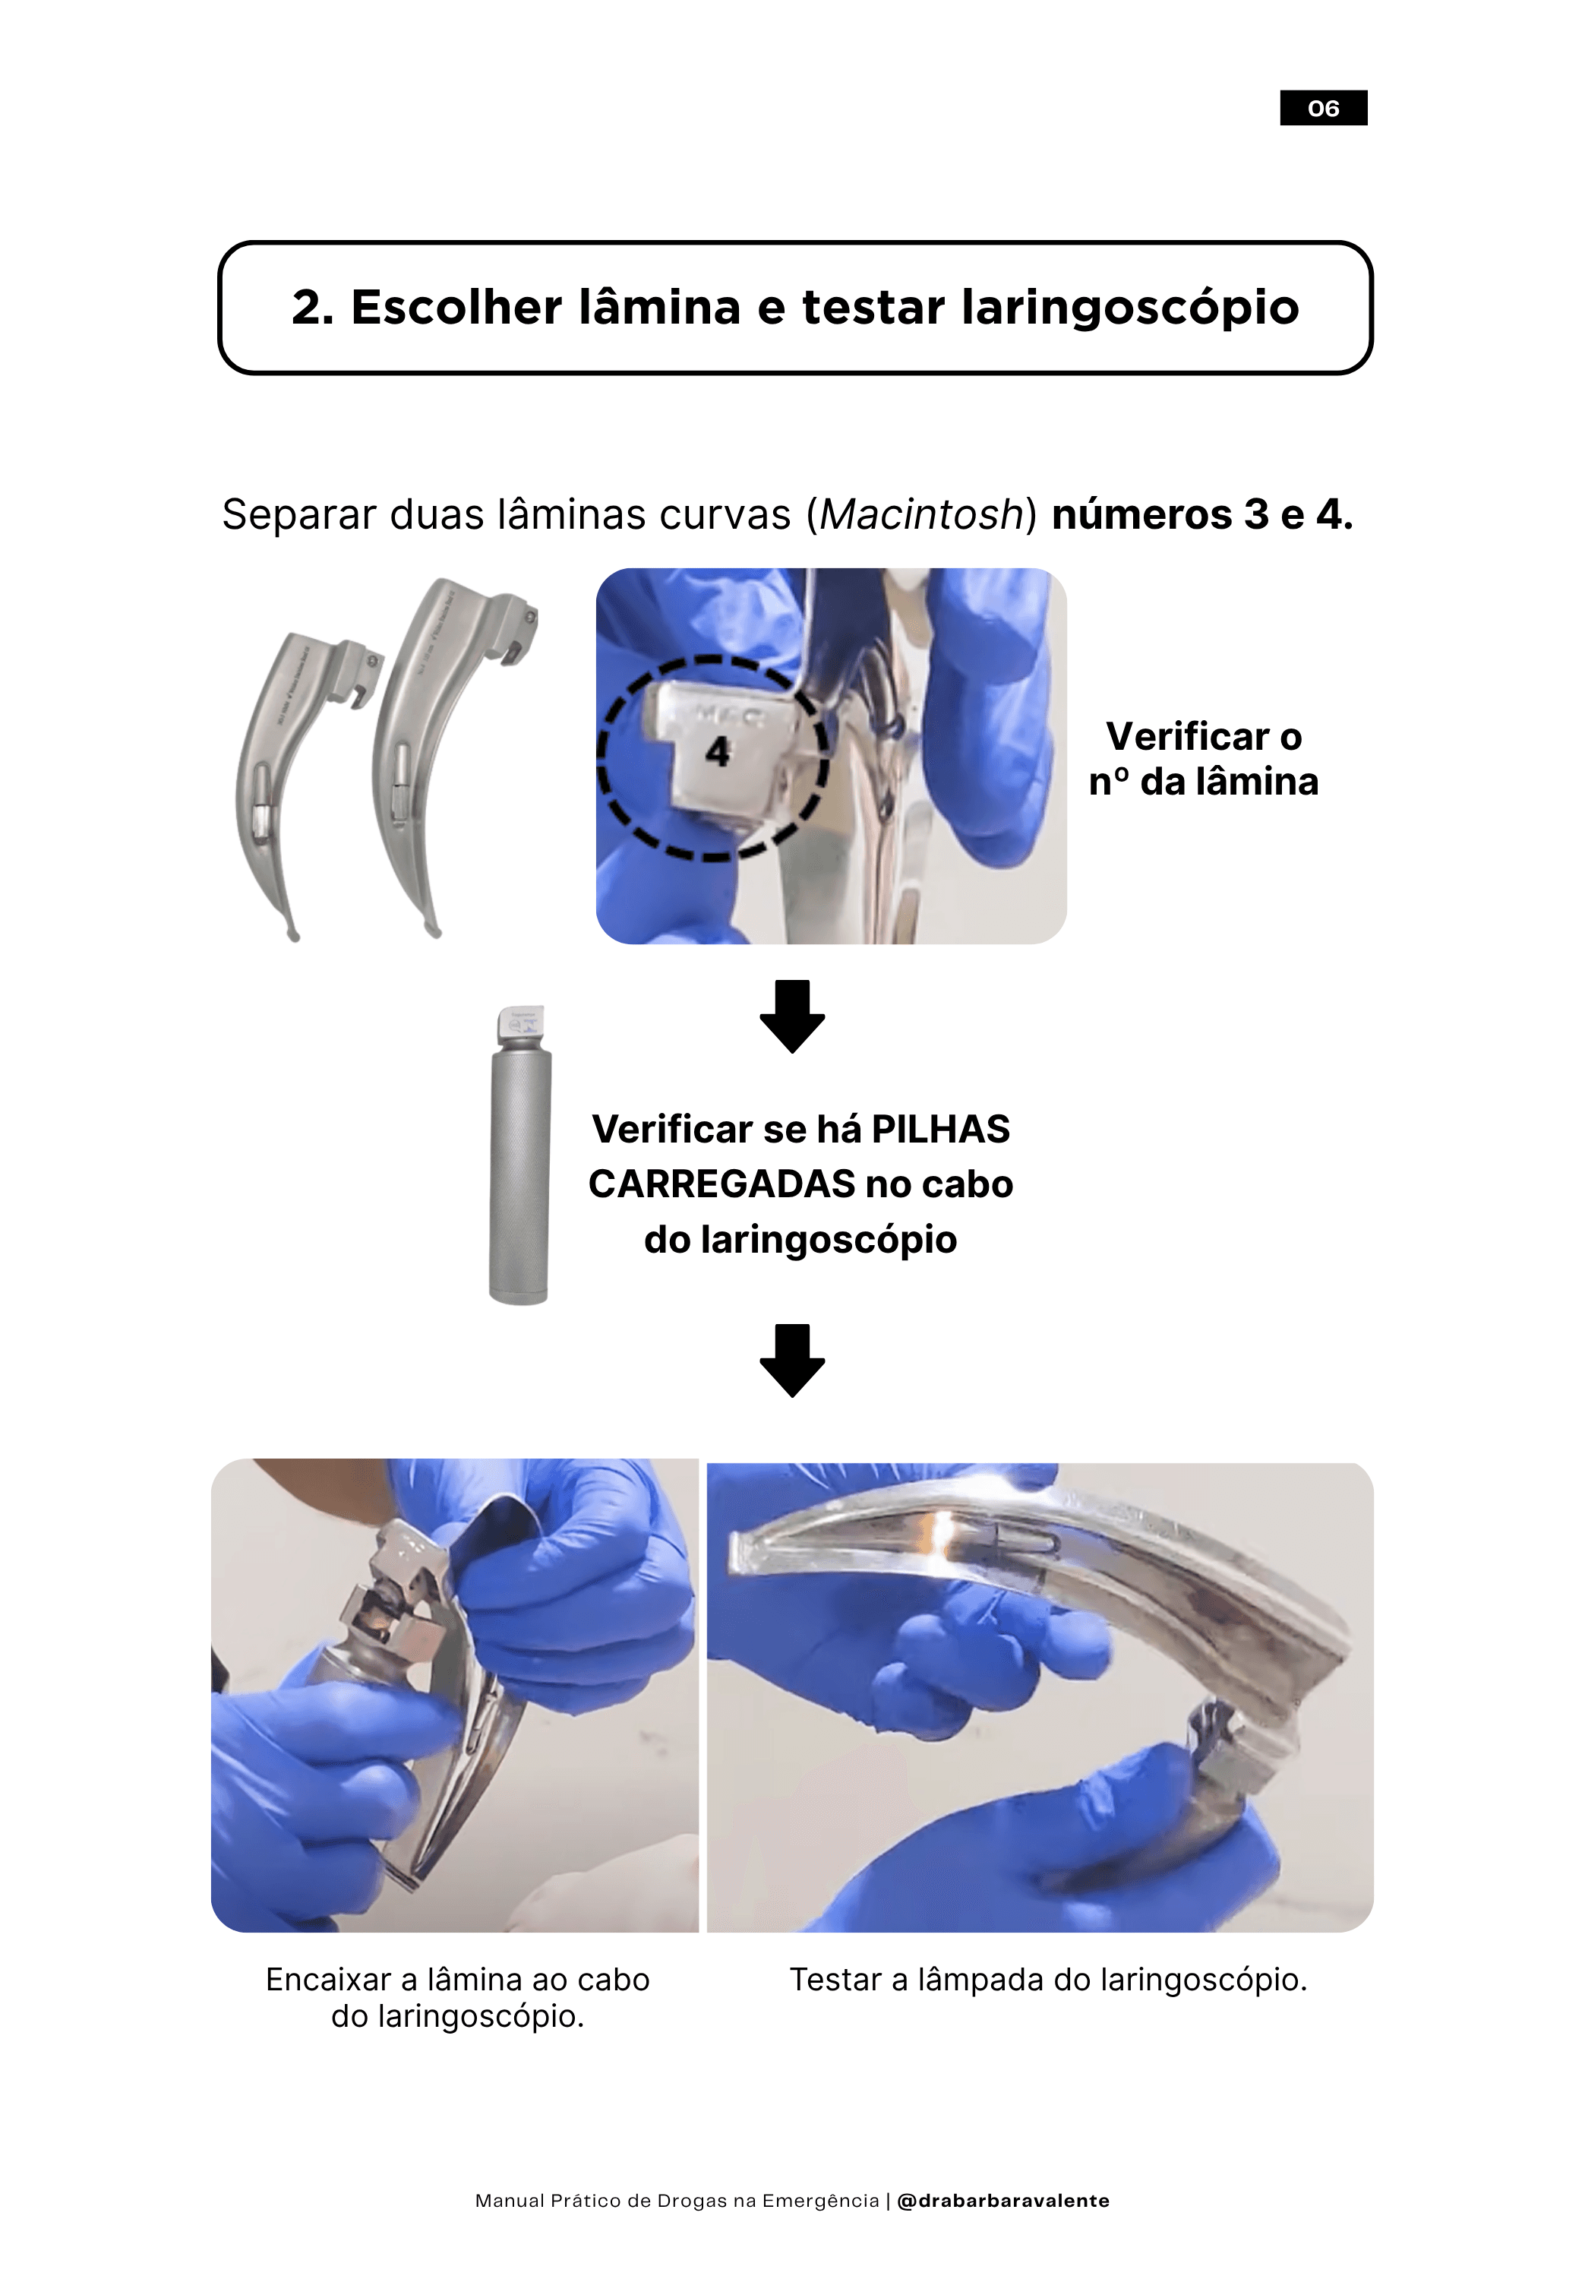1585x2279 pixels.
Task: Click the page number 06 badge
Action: click(x=1322, y=107)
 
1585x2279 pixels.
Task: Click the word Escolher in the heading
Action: click(x=457, y=307)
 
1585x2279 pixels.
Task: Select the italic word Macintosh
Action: click(x=921, y=514)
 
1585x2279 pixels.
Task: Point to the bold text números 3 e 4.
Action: click(x=1202, y=514)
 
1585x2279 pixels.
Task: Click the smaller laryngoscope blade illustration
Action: click(x=288, y=764)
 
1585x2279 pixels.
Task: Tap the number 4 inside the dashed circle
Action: click(x=717, y=751)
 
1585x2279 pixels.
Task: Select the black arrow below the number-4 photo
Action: click(x=792, y=1016)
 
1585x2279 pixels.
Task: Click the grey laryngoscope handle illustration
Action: click(x=519, y=1155)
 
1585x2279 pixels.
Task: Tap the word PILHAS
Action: click(x=940, y=1130)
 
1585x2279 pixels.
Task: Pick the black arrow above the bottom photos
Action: click(x=792, y=1360)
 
